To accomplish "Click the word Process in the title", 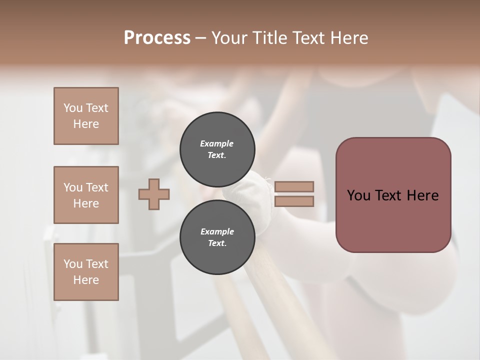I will tap(157, 38).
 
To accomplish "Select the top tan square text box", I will tap(86, 116).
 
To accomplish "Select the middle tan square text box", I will tap(86, 195).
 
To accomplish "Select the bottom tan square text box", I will tap(86, 272).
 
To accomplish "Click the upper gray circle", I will tap(217, 149).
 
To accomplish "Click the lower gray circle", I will tap(217, 237).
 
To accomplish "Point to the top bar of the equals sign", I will tap(294, 186).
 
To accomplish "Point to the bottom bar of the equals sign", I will tap(294, 201).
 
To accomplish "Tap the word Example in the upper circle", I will tap(217, 143).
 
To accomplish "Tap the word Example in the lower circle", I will tap(217, 231).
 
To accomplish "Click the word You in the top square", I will tap(73, 108).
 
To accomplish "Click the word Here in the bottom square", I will tap(86, 280).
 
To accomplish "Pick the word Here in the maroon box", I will tap(423, 195).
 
